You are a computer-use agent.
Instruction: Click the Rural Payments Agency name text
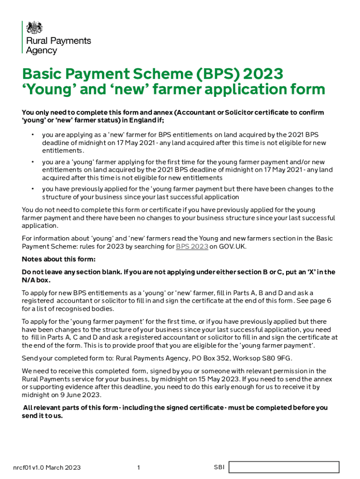click(x=58, y=46)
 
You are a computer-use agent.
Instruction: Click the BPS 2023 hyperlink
click(x=192, y=246)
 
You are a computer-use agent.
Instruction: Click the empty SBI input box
click(x=283, y=467)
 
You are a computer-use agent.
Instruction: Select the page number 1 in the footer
click(x=139, y=467)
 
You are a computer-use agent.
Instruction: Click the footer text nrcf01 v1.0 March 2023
click(x=47, y=467)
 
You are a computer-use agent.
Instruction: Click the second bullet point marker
click(x=33, y=162)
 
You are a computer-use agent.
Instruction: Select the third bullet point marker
click(x=33, y=189)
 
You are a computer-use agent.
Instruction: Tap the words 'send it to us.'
click(x=42, y=415)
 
